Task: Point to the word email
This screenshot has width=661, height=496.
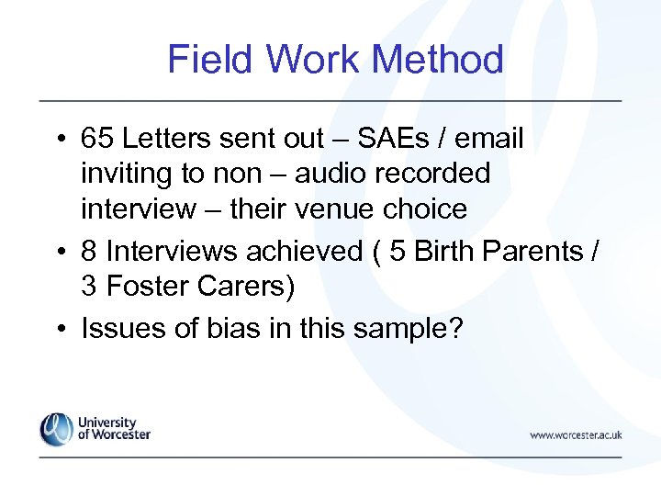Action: pyautogui.click(x=489, y=139)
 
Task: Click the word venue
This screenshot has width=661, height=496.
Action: pyautogui.click(x=342, y=209)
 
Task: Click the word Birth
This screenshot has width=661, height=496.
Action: pyautogui.click(x=445, y=252)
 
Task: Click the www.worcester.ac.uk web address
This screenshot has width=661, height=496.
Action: pyautogui.click(x=576, y=434)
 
